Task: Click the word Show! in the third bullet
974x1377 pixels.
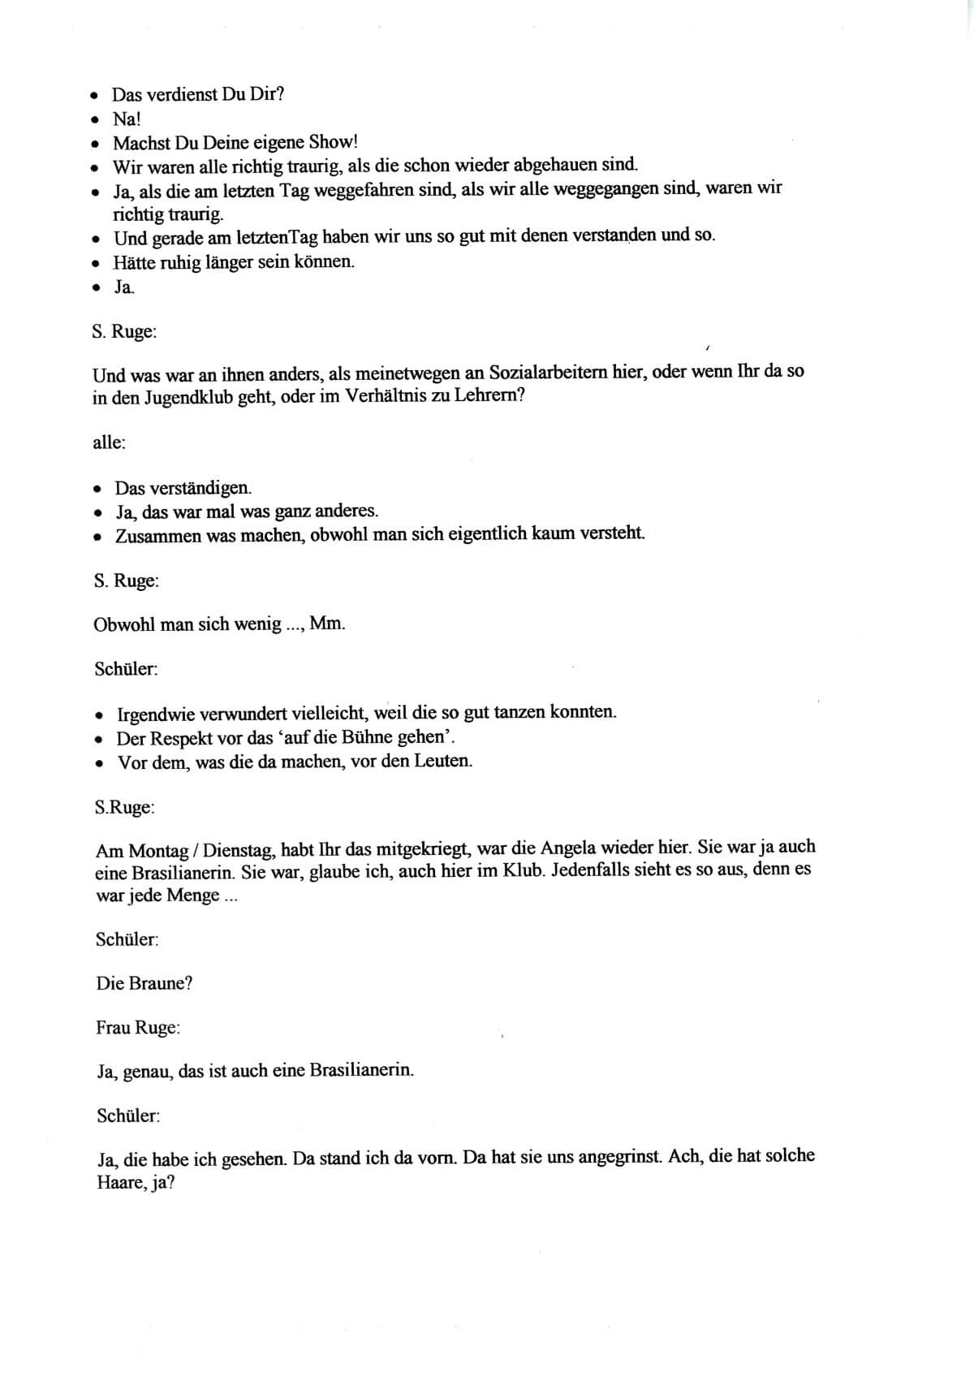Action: (x=333, y=143)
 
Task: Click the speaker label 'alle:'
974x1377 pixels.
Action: (x=109, y=443)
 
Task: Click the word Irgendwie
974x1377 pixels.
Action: (x=157, y=714)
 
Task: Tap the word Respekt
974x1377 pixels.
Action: (x=179, y=739)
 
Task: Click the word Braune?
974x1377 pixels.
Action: (x=161, y=983)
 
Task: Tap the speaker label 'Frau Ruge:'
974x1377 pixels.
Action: (x=138, y=1028)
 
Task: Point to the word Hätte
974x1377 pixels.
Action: (x=135, y=262)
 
